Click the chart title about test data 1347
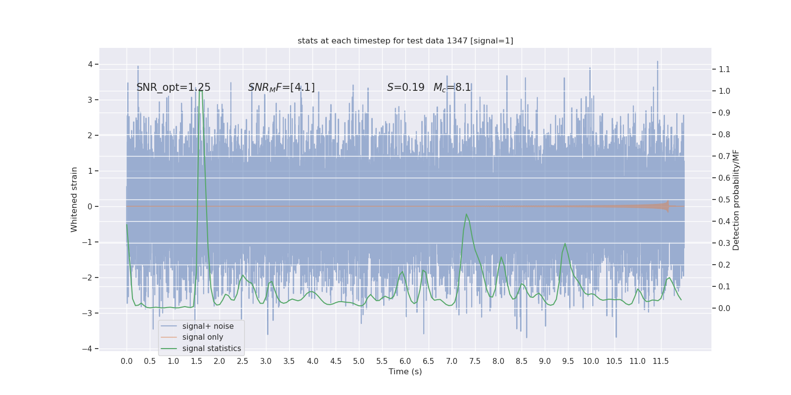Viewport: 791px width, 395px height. click(x=405, y=40)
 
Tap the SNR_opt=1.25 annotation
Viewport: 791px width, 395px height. click(x=174, y=87)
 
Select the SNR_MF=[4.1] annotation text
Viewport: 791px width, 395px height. click(x=281, y=87)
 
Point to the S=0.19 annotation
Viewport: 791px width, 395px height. click(x=405, y=87)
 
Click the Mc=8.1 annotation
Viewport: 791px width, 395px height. click(x=452, y=87)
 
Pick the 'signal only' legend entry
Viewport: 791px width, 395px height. click(x=203, y=337)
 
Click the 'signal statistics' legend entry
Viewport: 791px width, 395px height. click(x=212, y=349)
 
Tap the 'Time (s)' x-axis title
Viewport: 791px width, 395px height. click(x=405, y=371)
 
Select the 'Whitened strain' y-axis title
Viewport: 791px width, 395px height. click(x=74, y=199)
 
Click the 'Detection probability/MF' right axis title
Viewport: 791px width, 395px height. click(x=736, y=199)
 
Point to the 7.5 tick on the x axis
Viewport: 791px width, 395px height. click(x=475, y=361)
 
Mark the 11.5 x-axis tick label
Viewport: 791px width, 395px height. click(x=660, y=361)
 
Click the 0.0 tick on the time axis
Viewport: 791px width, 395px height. click(x=127, y=361)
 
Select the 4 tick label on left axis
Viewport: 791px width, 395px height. click(x=90, y=64)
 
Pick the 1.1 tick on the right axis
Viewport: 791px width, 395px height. click(x=724, y=69)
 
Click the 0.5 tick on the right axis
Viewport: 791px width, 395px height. click(x=724, y=199)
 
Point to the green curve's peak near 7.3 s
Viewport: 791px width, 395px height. click(x=466, y=214)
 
